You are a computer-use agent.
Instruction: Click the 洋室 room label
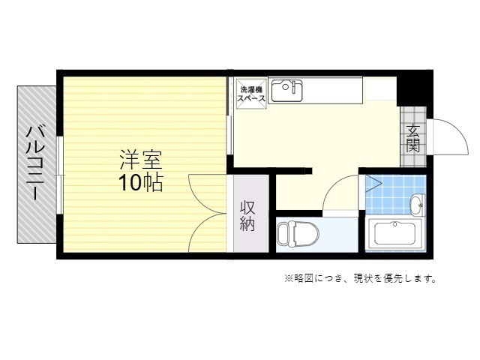(x=140, y=160)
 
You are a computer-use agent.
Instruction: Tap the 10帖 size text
(x=140, y=183)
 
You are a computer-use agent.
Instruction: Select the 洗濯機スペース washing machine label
(x=252, y=94)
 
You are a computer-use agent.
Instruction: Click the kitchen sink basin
(x=286, y=91)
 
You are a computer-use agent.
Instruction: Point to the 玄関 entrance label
(x=413, y=138)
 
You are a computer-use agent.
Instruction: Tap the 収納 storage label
(x=247, y=216)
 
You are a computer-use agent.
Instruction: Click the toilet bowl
(x=298, y=234)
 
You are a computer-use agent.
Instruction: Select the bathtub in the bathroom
(x=395, y=233)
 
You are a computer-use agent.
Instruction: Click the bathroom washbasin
(x=417, y=204)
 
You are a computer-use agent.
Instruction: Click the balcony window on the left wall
(x=61, y=175)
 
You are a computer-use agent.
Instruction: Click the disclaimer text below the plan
(x=360, y=278)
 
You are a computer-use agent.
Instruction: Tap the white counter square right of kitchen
(x=379, y=88)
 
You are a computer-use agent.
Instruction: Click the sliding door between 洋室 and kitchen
(x=229, y=115)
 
